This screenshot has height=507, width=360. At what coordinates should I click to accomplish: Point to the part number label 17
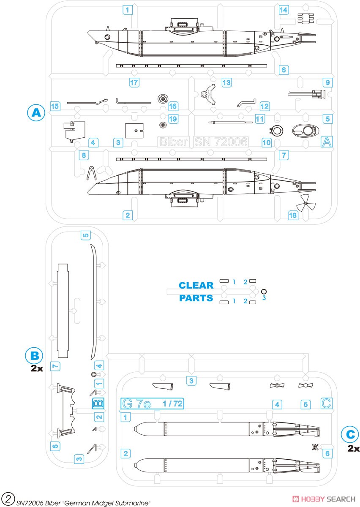(x=134, y=83)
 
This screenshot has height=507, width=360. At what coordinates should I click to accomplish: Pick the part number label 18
(x=292, y=215)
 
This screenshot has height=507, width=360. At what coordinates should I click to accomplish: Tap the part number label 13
(x=226, y=82)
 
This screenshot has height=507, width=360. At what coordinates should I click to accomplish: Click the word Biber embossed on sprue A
(x=173, y=142)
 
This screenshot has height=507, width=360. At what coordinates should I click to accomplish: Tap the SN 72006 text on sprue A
(x=221, y=142)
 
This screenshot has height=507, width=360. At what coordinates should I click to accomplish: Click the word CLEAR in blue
(x=196, y=285)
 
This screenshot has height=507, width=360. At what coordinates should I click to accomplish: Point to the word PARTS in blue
(x=196, y=298)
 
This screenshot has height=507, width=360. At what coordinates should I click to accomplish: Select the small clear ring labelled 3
(x=264, y=291)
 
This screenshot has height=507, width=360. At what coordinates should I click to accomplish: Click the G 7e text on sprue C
(x=136, y=403)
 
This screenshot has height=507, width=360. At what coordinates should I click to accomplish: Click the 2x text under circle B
(x=37, y=368)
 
